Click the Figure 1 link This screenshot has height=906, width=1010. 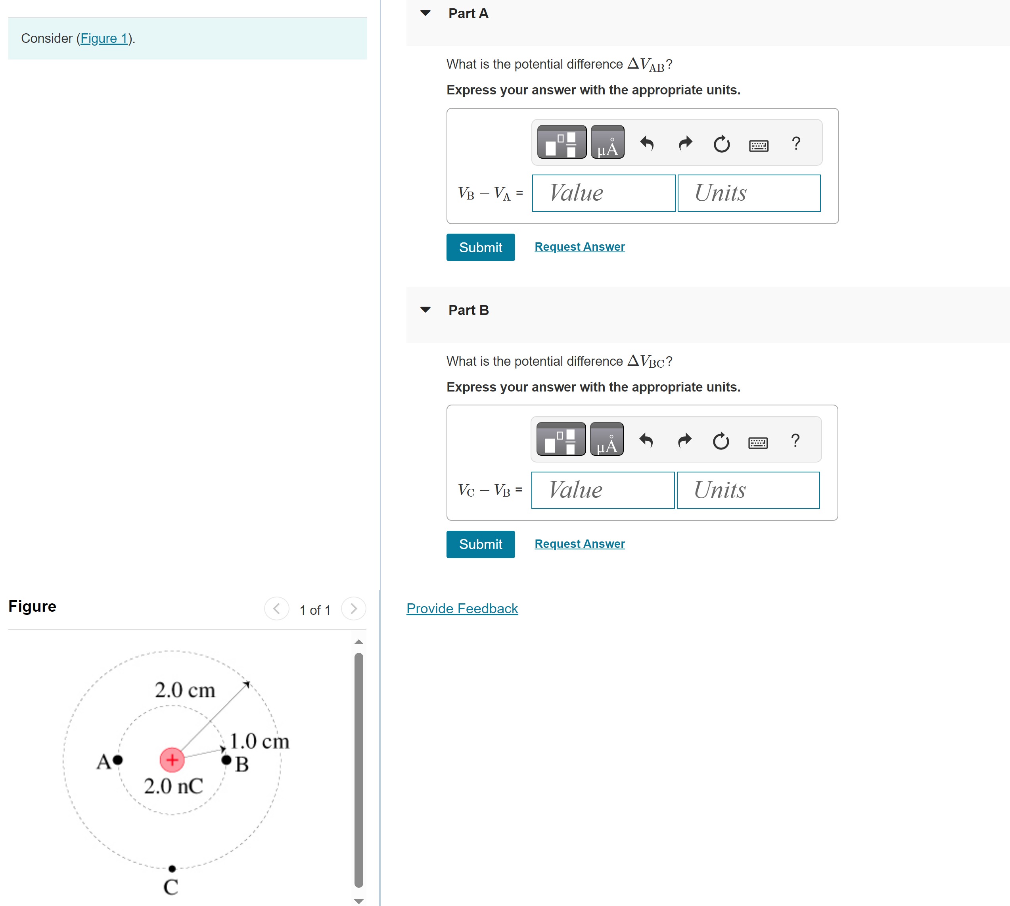coord(103,38)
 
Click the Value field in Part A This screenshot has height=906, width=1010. coord(603,193)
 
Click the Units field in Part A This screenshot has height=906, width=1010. coord(748,193)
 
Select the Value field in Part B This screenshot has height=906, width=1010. coord(602,490)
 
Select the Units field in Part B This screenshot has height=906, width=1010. coord(748,490)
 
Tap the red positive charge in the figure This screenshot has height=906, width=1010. coord(172,760)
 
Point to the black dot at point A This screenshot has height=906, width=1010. coord(118,760)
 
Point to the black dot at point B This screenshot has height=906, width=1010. coord(226,760)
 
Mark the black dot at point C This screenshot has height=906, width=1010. coord(172,869)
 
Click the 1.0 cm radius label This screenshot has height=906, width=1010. coord(259,741)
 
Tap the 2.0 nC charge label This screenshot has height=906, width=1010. coord(173,786)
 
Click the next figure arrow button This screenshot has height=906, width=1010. coord(353,608)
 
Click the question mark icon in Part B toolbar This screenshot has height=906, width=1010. coord(795,441)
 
